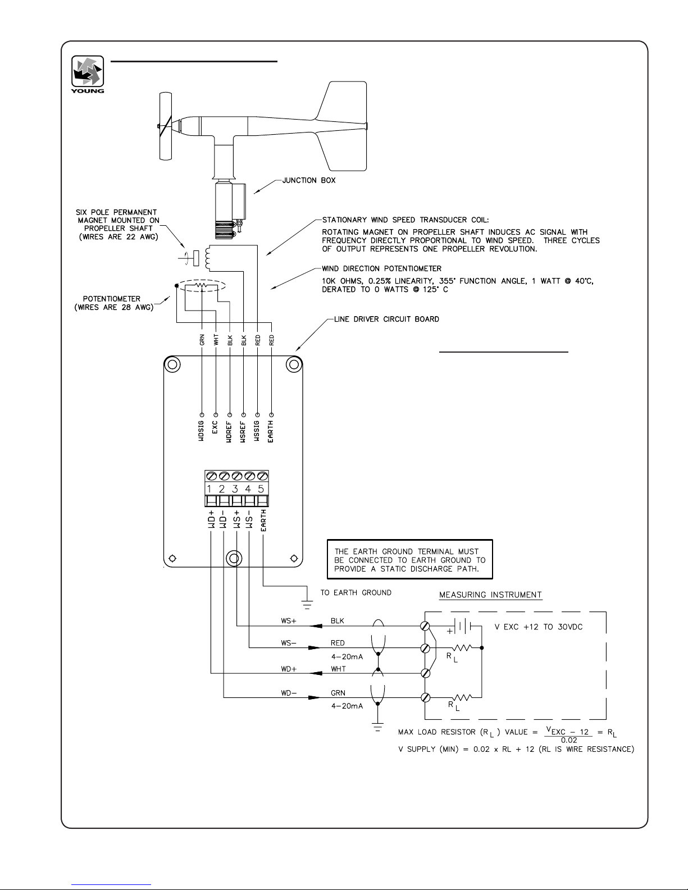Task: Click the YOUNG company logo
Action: tap(88, 74)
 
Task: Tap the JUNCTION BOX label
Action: tap(309, 180)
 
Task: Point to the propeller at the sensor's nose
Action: tap(166, 126)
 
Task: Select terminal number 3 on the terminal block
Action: tap(235, 489)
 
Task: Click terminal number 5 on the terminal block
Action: tap(261, 489)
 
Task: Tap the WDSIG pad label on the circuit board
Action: tap(201, 431)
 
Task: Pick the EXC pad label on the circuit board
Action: tap(215, 427)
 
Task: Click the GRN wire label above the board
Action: tap(202, 340)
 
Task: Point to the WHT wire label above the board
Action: tap(216, 340)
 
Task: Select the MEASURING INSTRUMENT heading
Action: tap(491, 595)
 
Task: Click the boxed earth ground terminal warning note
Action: tap(410, 559)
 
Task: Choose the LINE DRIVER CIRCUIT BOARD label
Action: tap(386, 319)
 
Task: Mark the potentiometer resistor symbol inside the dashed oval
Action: tap(201, 285)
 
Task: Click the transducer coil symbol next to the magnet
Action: tap(208, 258)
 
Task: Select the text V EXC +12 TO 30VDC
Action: tap(539, 627)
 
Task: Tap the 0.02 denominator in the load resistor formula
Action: tap(569, 740)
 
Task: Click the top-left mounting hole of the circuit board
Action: tap(172, 364)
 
